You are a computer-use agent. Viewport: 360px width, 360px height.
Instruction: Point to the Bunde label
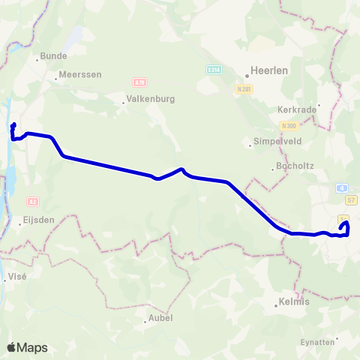click(x=53, y=56)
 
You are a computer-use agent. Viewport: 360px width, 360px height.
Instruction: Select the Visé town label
click(x=16, y=277)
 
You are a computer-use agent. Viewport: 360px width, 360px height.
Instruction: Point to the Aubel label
click(x=159, y=318)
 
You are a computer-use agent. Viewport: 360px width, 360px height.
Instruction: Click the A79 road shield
click(x=139, y=82)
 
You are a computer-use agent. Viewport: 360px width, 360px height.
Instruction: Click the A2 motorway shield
click(x=32, y=202)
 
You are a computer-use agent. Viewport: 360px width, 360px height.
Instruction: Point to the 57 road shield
click(x=351, y=201)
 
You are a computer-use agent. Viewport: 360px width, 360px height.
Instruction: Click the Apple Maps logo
click(x=27, y=347)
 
